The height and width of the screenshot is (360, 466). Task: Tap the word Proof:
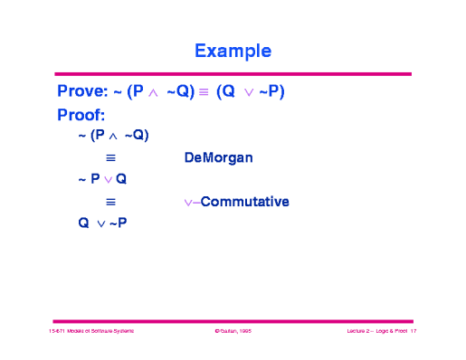[x=81, y=115]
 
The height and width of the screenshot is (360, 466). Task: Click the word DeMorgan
[x=218, y=157]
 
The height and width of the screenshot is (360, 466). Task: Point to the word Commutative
[x=244, y=201]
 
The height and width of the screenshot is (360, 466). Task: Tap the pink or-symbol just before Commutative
[x=190, y=202]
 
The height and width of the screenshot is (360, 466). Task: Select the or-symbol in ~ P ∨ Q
[x=108, y=180]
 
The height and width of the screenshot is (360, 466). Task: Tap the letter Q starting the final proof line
[x=84, y=223]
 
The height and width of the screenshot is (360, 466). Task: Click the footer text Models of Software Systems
[x=99, y=333]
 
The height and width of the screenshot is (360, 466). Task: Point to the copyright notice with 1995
[x=233, y=333]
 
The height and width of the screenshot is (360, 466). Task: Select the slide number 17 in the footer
[x=412, y=333]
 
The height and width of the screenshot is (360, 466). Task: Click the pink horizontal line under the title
[x=233, y=74]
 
